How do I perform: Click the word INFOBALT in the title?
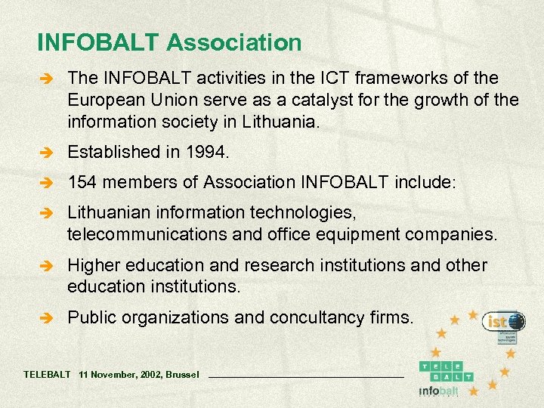click(x=98, y=42)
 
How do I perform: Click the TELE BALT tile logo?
click(x=448, y=370)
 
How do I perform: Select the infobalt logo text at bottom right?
click(x=439, y=391)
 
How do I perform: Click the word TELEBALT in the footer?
click(x=47, y=375)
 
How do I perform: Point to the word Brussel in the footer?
click(x=182, y=375)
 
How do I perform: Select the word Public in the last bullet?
click(x=88, y=317)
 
